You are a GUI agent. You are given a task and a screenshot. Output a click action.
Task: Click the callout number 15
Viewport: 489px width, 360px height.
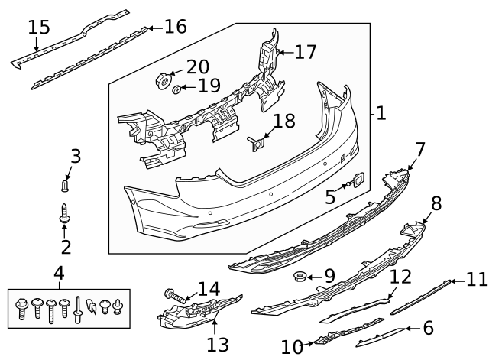39,28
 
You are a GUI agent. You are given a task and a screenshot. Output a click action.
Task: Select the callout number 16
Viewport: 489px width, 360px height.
175,27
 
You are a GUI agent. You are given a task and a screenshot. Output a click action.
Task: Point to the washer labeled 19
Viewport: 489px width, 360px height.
177,90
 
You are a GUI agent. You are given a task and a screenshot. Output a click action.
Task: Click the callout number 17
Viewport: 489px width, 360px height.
305,52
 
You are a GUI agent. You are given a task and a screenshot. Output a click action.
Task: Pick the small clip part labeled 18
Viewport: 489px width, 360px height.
257,142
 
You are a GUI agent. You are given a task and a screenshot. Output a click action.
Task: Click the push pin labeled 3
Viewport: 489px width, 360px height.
65,184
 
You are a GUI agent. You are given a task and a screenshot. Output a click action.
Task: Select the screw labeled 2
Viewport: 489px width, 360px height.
65,216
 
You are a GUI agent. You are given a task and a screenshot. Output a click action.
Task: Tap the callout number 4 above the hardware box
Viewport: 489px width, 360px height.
59,272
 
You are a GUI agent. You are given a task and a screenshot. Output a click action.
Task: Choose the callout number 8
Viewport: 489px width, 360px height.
436,203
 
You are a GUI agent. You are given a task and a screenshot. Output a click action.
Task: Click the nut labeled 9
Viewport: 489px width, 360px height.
300,275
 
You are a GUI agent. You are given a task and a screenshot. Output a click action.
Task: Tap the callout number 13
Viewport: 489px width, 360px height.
217,345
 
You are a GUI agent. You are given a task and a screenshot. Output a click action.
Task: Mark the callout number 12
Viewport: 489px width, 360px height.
400,276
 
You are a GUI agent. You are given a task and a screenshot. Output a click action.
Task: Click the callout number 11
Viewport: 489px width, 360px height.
476,280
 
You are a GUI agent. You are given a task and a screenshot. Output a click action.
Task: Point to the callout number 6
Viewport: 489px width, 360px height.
428,328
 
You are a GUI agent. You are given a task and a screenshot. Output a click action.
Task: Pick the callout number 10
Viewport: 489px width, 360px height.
292,348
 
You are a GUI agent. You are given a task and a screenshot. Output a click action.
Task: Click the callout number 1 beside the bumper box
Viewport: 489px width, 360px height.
381,114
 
